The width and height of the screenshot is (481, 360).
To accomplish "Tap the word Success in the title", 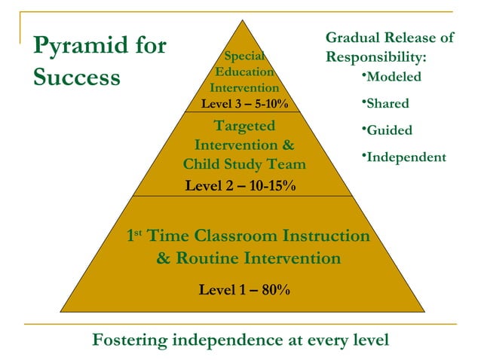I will (x=76, y=78).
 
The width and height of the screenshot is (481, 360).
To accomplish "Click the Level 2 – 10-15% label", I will (x=240, y=185).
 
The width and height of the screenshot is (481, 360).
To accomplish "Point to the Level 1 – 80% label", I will (x=244, y=290).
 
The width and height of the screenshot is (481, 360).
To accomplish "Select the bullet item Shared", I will (x=387, y=103).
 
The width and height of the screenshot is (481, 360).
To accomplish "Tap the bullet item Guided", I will (x=388, y=130).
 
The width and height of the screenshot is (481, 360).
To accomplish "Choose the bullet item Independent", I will (x=406, y=157).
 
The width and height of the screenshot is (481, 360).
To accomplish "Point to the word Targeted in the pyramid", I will (x=244, y=126).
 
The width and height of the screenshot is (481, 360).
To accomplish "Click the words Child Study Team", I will (x=244, y=164).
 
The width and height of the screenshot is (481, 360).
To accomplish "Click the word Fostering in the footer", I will (x=130, y=340).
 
